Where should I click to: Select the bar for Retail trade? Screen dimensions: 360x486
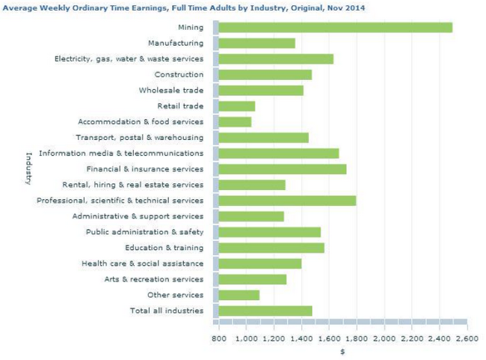click(237, 106)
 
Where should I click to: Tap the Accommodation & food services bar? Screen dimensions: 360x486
click(235, 121)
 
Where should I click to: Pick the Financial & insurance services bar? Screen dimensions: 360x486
click(282, 169)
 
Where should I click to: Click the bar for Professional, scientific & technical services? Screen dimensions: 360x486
click(287, 201)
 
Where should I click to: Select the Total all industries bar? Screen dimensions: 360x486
click(265, 311)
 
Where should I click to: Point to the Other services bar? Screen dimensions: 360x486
click(239, 295)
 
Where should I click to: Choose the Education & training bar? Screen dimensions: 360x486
click(271, 248)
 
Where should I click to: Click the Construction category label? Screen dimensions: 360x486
click(179, 75)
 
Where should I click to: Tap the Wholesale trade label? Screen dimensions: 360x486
click(171, 91)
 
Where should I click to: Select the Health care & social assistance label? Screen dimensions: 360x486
click(142, 263)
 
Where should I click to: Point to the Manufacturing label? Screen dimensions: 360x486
click(176, 43)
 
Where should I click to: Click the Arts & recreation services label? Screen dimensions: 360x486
click(153, 279)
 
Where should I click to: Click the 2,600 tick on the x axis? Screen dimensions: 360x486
click(467, 338)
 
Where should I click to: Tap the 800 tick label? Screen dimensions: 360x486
click(219, 338)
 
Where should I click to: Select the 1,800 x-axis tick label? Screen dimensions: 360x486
click(357, 338)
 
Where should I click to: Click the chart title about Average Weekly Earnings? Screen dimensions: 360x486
click(179, 7)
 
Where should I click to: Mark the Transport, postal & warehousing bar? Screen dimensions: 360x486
click(263, 138)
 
